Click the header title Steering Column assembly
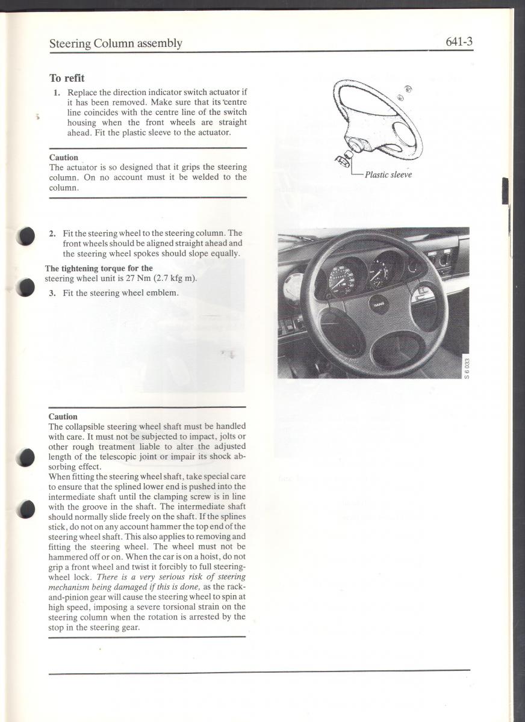tap(116, 43)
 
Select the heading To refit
tap(67, 78)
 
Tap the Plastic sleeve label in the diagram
tap(388, 175)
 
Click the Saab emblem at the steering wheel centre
tap(377, 304)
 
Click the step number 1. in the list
tap(57, 92)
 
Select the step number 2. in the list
tap(52, 233)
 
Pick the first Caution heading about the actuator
tap(63, 158)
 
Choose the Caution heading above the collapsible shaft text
tap(63, 416)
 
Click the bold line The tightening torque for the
tap(99, 268)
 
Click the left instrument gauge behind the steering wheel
tap(347, 278)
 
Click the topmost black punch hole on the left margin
tap(26, 236)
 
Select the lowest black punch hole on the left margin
tap(26, 509)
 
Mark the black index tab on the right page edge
tap(505, 191)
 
